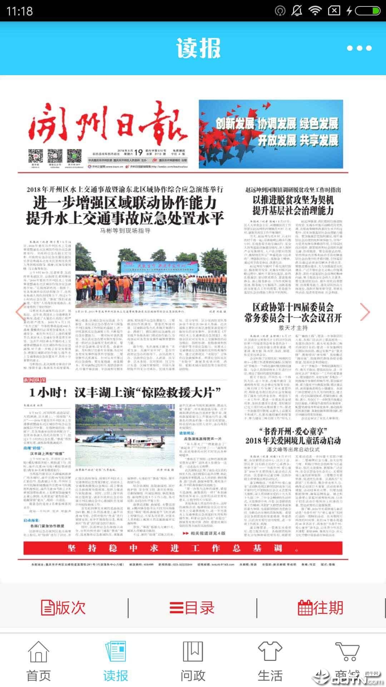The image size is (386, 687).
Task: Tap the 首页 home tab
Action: (x=38, y=661)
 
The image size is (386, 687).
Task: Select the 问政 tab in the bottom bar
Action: (x=193, y=661)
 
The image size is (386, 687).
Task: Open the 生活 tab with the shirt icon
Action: (x=270, y=661)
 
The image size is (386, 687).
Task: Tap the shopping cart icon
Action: (x=347, y=652)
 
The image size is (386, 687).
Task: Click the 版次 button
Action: (x=64, y=608)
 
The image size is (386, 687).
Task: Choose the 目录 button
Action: (x=192, y=608)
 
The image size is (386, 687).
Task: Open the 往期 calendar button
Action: (x=321, y=608)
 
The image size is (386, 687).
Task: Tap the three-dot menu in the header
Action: (x=359, y=48)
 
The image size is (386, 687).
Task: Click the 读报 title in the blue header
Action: (x=198, y=48)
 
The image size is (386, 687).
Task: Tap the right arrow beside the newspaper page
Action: (x=365, y=312)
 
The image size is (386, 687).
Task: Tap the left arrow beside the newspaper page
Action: (x=20, y=312)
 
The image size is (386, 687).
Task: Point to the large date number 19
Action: (x=138, y=152)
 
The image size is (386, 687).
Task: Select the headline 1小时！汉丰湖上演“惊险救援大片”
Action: (x=125, y=393)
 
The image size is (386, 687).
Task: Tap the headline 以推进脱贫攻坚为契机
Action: (x=293, y=200)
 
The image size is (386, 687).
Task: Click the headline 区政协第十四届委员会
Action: (x=293, y=307)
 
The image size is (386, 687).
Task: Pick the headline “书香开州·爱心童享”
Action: (x=293, y=431)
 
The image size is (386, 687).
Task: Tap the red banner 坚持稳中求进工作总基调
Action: (x=183, y=548)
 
